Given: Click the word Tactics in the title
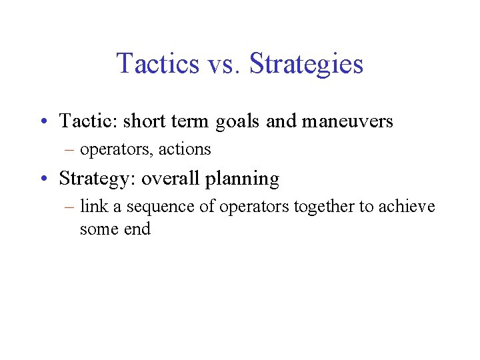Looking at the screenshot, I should coord(157,64).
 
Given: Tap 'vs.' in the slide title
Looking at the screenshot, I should coord(222,64).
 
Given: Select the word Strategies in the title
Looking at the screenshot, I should coord(306,64).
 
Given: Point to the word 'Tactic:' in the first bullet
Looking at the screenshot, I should coord(87,121).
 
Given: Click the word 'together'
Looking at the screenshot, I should coord(323,207).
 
